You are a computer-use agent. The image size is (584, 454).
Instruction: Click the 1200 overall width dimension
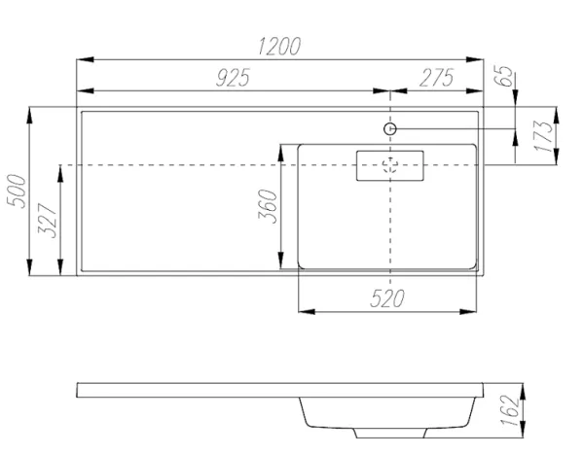point(279,46)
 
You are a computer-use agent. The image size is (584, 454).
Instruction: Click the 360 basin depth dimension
point(269,206)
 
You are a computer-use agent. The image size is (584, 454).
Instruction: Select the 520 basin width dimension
point(387,297)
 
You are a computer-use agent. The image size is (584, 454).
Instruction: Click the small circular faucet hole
point(389,128)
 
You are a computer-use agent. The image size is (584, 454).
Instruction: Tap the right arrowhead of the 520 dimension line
point(476,311)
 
